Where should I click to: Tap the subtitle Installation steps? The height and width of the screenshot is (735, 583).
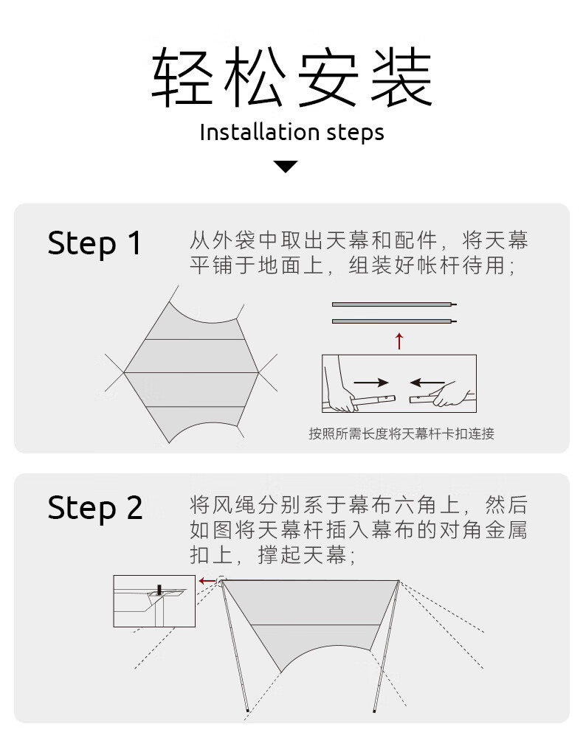pos(291,133)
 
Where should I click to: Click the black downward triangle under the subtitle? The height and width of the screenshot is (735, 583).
pos(286,167)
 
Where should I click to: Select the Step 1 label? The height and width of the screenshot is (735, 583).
pos(94,243)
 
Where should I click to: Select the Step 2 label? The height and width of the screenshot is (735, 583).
pos(95,508)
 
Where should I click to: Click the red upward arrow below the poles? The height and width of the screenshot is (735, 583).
pos(399,341)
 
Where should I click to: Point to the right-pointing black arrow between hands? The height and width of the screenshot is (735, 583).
pos(370,383)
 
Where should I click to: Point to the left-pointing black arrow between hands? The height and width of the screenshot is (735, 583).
pos(427,383)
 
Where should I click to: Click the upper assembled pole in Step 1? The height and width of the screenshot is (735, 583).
pos(393,304)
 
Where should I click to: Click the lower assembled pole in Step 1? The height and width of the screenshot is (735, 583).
pos(393,321)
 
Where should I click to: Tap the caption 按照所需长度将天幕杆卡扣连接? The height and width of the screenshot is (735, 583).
pos(401,433)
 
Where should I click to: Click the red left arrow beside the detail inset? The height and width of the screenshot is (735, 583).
pos(207,581)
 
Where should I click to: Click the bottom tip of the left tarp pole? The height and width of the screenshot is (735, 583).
pos(247,712)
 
